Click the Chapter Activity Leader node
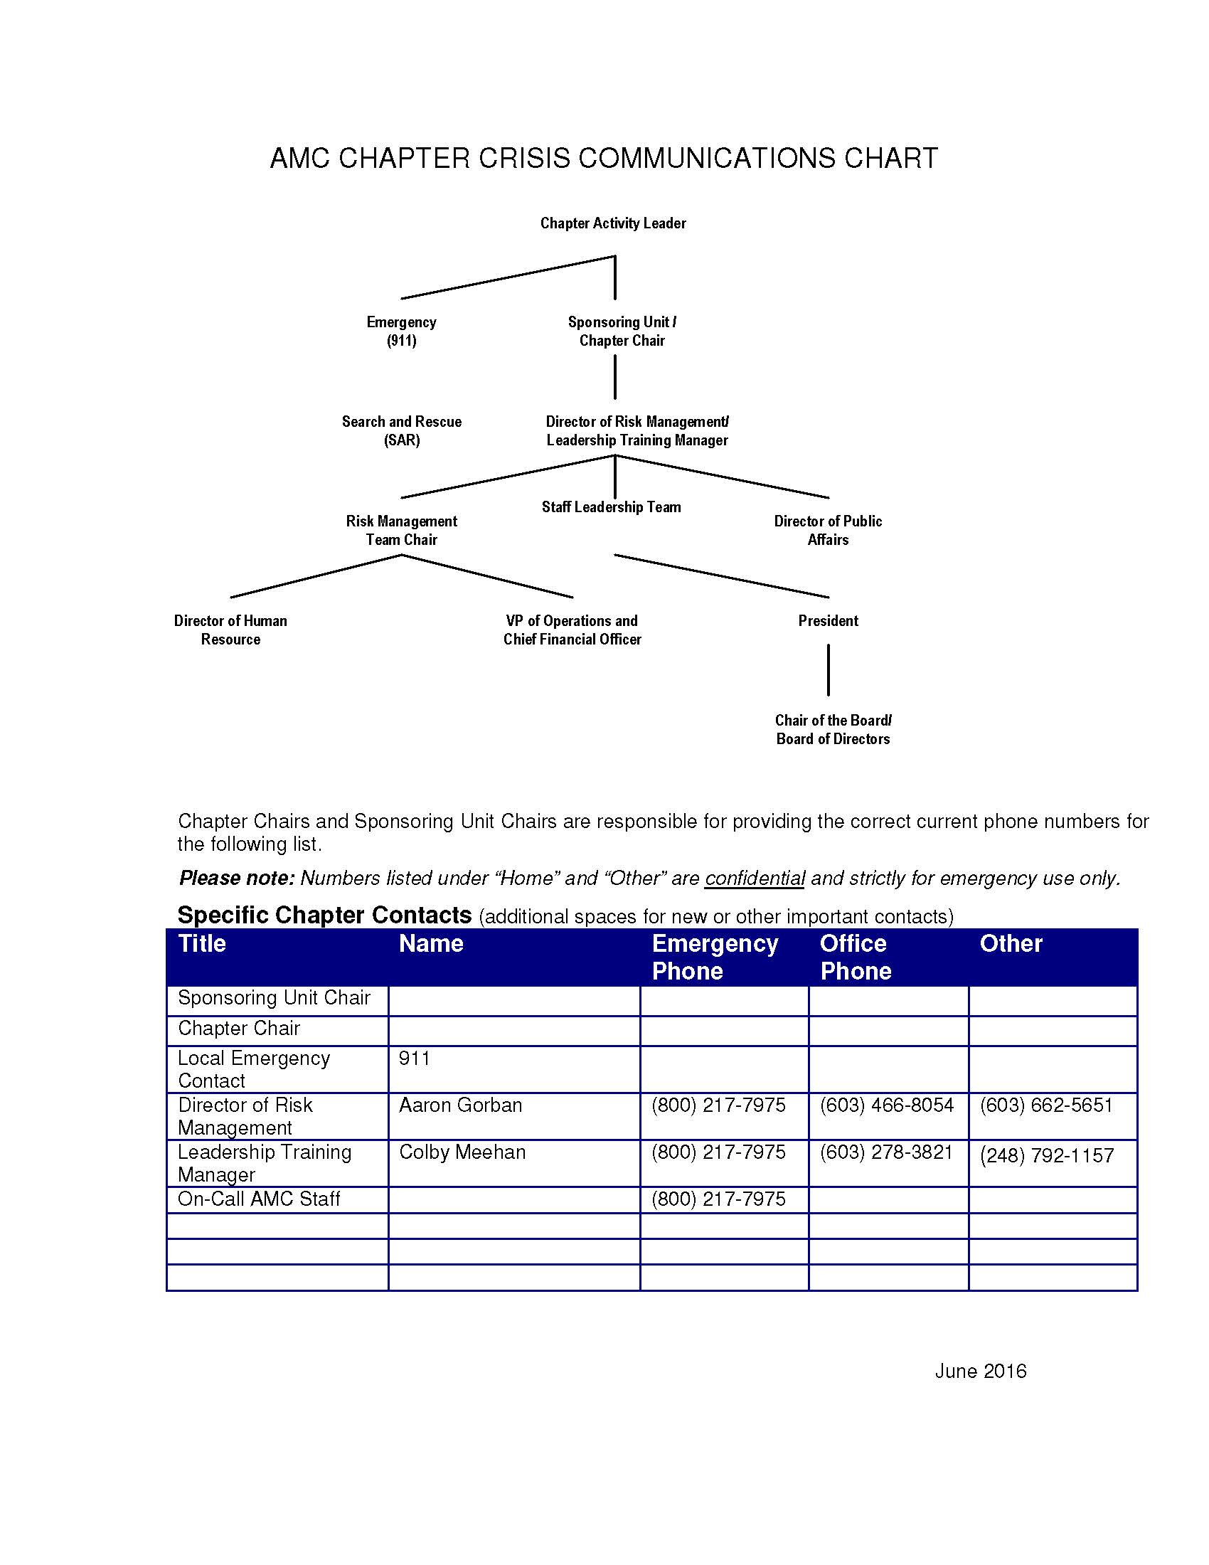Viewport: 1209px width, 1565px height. [x=612, y=223]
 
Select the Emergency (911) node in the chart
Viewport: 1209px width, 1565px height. [x=401, y=331]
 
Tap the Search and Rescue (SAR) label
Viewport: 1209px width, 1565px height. [x=401, y=430]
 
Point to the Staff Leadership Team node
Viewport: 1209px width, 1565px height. [x=611, y=507]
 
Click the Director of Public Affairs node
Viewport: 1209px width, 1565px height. [x=827, y=530]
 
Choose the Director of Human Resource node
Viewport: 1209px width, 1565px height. [x=230, y=630]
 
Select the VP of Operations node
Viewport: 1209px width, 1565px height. [x=572, y=630]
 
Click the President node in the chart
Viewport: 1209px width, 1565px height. [x=828, y=621]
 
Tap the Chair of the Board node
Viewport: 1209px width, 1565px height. [x=832, y=729]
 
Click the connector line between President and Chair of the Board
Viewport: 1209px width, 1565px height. [x=829, y=670]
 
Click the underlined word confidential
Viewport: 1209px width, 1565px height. [x=755, y=879]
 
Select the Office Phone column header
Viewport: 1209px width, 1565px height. [x=855, y=957]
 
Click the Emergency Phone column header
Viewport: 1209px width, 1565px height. [x=714, y=957]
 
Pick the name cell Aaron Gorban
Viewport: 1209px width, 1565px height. [x=461, y=1105]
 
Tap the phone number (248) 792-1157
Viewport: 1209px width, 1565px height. [x=1046, y=1155]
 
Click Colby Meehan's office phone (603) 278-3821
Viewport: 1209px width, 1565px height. [x=886, y=1152]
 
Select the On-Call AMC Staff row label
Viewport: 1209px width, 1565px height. [x=259, y=1199]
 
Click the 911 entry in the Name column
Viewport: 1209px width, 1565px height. [x=415, y=1059]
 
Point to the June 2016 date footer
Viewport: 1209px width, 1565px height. [x=980, y=1372]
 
